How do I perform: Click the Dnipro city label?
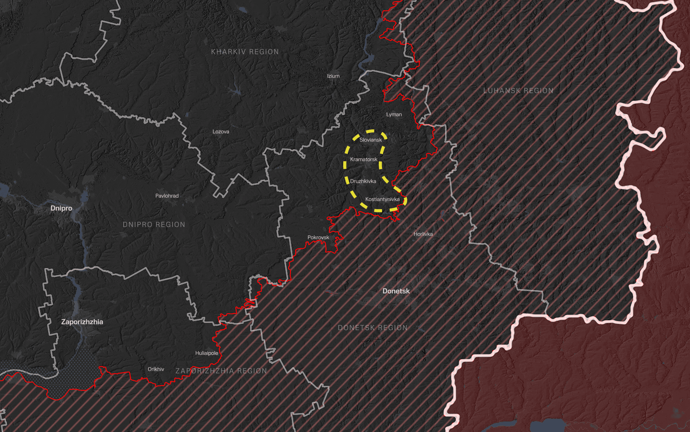coord(61,208)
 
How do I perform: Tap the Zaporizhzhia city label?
coord(82,322)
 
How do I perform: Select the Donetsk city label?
coord(396,291)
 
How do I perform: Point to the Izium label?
coord(333,76)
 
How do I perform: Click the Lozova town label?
coord(221,131)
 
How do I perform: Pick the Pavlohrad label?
coord(167,196)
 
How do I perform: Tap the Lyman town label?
coord(394,114)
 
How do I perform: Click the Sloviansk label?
coord(371,140)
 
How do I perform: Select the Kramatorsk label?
coord(364,159)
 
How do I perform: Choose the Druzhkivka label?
coord(363,181)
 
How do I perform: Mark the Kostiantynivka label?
coord(382,199)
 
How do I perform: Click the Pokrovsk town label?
coord(318,237)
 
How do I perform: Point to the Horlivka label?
coord(423,234)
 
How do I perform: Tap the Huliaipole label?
coord(207,353)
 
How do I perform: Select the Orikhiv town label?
coord(156,369)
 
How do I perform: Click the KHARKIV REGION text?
coord(245,52)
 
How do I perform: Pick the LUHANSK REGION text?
coord(518,91)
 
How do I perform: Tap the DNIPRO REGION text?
coord(154,225)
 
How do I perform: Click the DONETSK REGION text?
coord(373,328)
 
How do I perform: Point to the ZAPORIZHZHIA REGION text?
coord(221,371)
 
